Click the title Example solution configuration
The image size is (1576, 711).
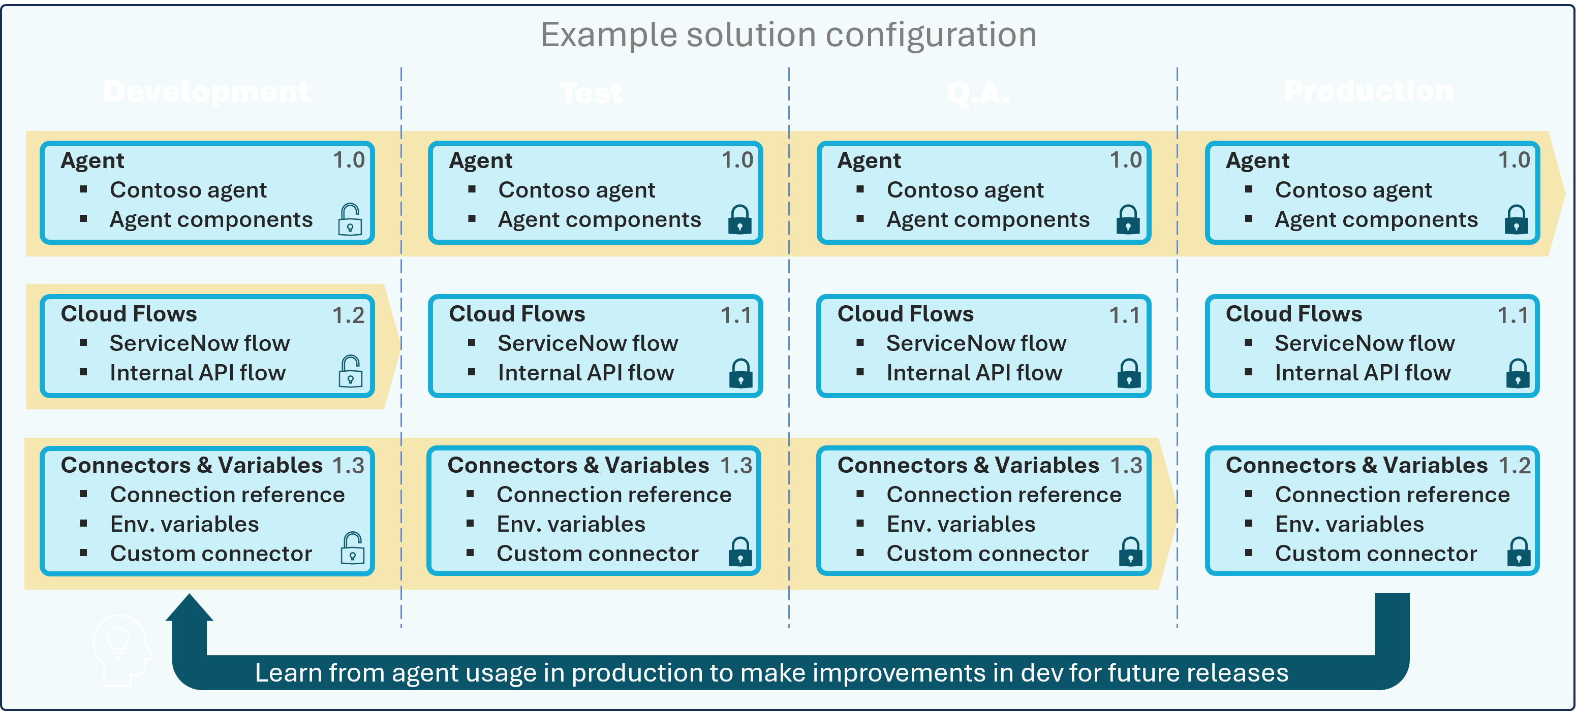coord(788,35)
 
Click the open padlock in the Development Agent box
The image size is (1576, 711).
coord(350,220)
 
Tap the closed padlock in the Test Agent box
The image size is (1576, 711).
coord(739,220)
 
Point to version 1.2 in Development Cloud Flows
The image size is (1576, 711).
coord(348,315)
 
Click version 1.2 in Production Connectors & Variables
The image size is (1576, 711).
coord(1513,466)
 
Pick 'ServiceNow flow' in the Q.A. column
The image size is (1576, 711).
coord(976,344)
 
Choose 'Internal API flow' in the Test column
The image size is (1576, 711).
coord(585,373)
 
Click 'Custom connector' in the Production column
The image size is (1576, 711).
coord(1375,554)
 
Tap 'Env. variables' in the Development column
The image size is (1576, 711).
coord(184,525)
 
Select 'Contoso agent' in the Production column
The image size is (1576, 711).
coord(1353,190)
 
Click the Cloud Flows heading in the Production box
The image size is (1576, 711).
coord(1293,314)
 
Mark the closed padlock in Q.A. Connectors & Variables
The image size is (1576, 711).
coord(1130,552)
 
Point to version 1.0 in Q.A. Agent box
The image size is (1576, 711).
coord(1125,160)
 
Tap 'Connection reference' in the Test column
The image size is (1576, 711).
coord(613,495)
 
